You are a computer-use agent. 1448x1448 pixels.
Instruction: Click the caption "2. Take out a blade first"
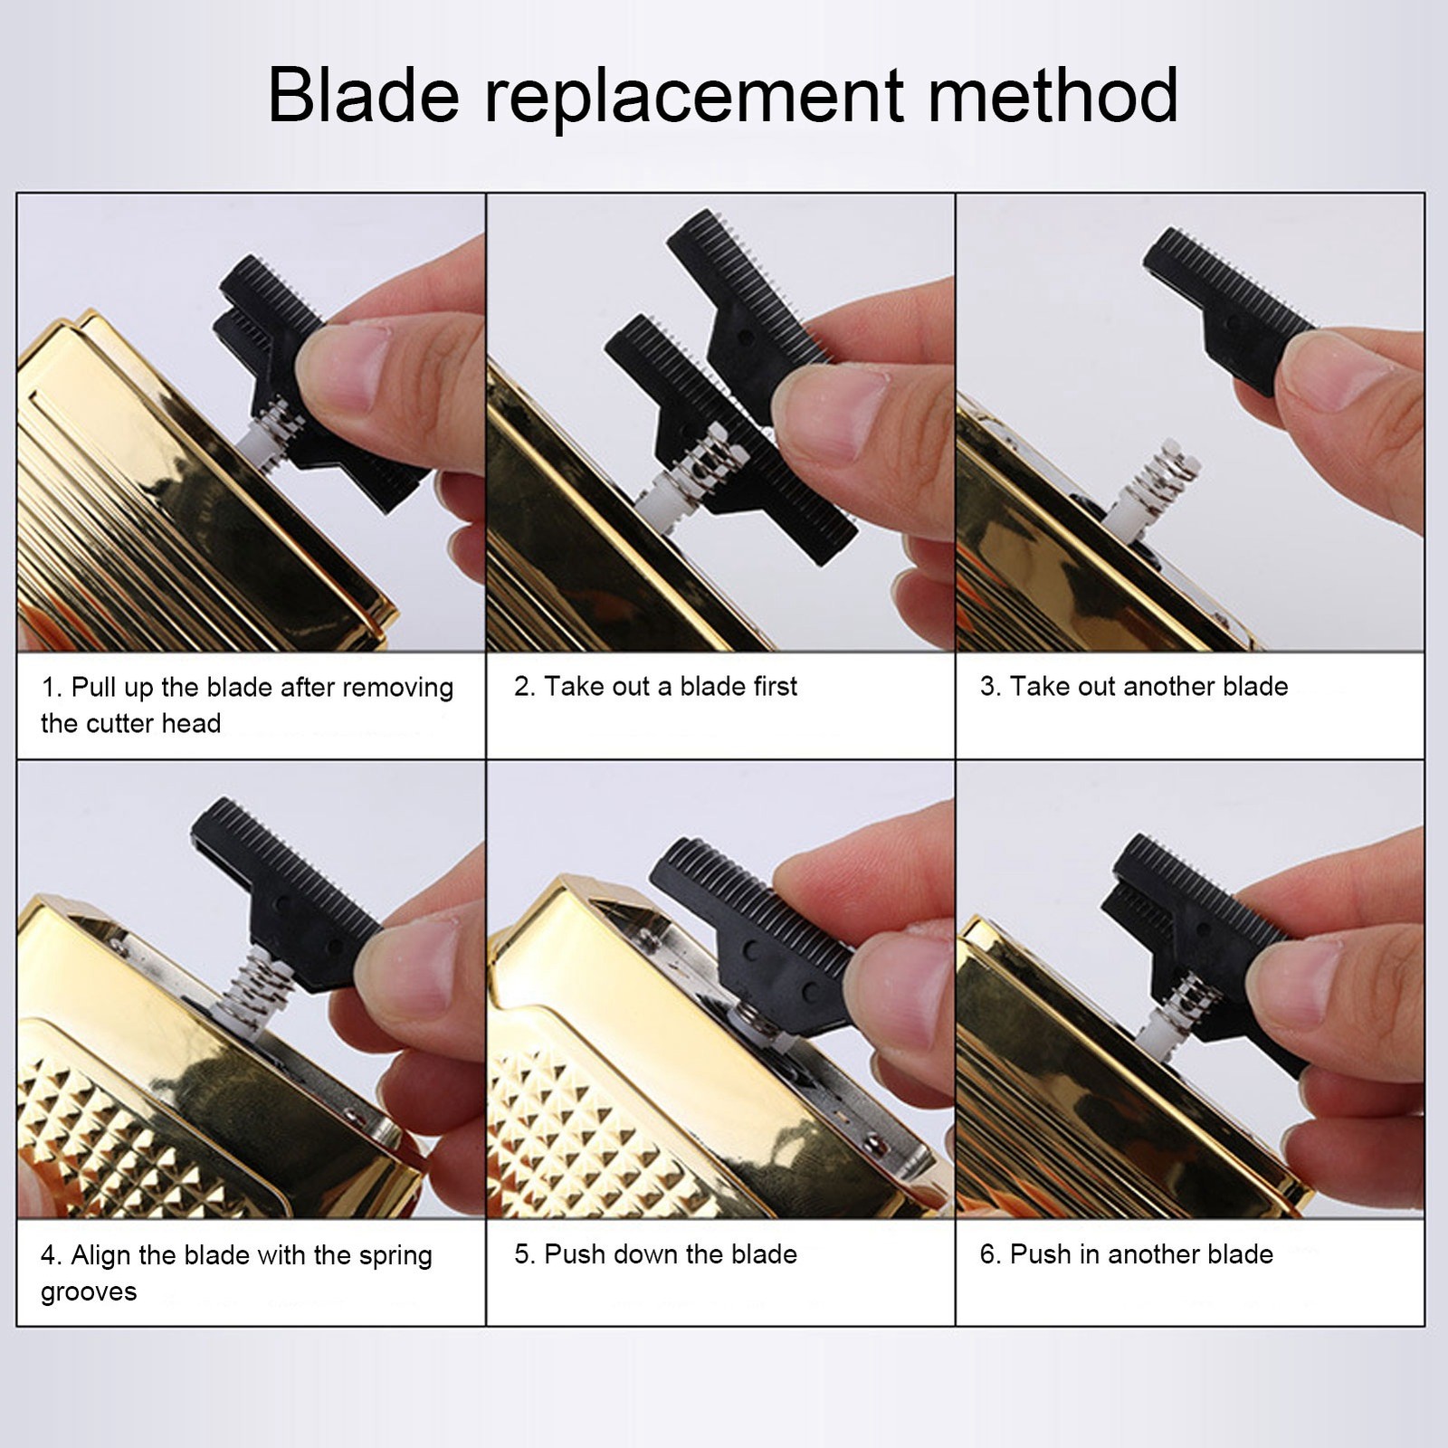pyautogui.click(x=655, y=686)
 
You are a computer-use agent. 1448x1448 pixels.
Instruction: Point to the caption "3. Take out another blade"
pyautogui.click(x=1134, y=686)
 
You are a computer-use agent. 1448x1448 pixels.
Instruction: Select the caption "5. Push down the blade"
pyautogui.click(x=655, y=1254)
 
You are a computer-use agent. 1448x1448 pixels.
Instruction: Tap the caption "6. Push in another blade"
pyautogui.click(x=1127, y=1254)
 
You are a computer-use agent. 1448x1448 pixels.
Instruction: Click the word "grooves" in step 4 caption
pyautogui.click(x=89, y=1292)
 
